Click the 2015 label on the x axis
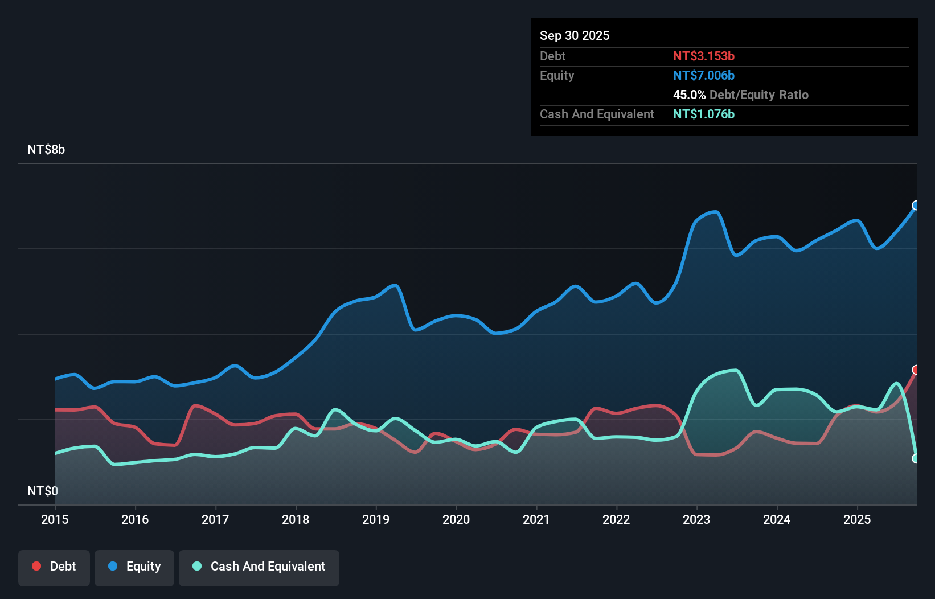pos(55,519)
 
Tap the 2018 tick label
pos(296,519)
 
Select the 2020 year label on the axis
pos(456,519)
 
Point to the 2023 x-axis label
pos(696,519)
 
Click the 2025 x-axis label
pos(857,519)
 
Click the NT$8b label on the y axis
pos(46,150)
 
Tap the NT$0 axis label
pos(43,491)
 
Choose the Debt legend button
pos(54,567)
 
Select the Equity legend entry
pos(134,567)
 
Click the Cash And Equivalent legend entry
pos(259,567)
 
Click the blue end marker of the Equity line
pos(916,206)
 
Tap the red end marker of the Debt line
pos(916,370)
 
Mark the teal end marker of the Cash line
pos(916,458)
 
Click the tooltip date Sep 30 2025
pos(574,35)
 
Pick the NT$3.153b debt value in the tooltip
pos(703,56)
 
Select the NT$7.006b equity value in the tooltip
pos(703,75)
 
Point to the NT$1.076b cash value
pos(703,114)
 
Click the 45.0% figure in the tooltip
pos(689,95)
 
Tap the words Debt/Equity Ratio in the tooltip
pos(759,95)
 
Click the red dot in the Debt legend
pos(36,566)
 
